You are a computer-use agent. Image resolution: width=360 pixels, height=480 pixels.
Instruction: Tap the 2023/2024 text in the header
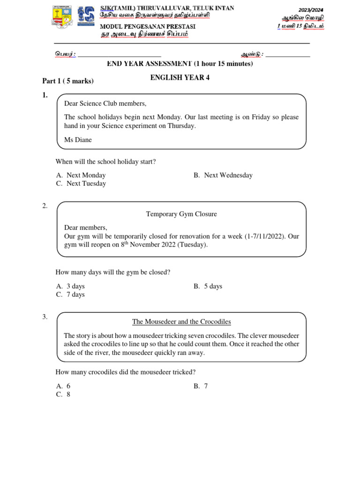click(x=311, y=10)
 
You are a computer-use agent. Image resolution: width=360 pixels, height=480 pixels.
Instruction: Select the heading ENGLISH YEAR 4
click(x=180, y=78)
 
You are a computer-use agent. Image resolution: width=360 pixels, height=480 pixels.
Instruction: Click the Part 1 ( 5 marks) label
click(x=68, y=81)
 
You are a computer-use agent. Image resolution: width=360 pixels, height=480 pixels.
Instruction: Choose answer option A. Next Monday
click(x=81, y=175)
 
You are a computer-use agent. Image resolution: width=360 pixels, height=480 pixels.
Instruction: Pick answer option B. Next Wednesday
click(x=223, y=175)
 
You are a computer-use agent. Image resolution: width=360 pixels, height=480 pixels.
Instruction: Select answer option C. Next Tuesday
click(x=81, y=184)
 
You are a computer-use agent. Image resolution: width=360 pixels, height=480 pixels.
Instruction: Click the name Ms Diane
click(x=78, y=140)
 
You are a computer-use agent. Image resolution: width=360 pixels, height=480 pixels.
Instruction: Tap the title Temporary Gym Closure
click(x=181, y=214)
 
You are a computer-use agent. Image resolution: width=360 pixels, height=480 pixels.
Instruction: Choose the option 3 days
click(x=70, y=286)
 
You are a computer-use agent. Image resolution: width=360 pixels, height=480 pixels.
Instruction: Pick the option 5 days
click(x=208, y=286)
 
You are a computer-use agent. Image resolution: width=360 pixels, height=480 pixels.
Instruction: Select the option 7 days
click(x=70, y=295)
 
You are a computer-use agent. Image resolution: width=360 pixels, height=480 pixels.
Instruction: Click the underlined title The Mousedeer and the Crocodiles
click(x=181, y=322)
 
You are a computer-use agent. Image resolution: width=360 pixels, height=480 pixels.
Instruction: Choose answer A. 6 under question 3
click(x=63, y=386)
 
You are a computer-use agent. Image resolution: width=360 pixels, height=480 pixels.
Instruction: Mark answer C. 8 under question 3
click(x=63, y=395)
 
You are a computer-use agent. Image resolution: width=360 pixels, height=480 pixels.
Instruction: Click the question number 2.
click(x=45, y=206)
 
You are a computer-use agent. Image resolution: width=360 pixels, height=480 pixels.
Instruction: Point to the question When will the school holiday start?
click(x=105, y=162)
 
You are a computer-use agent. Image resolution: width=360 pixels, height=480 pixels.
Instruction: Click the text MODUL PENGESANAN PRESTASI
click(x=148, y=26)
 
